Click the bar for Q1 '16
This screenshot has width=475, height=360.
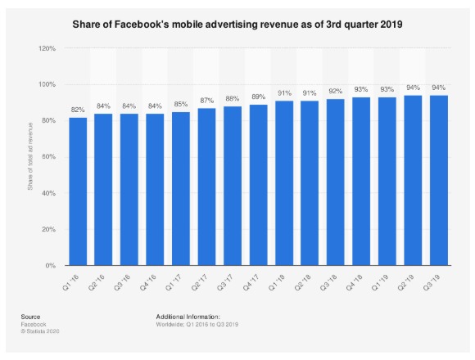78,191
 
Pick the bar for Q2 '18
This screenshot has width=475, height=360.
310,183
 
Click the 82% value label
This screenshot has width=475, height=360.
78,110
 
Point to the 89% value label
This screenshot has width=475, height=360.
258,97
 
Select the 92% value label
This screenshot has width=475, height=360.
335,92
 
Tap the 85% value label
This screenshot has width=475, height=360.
181,105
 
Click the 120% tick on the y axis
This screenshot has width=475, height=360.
46,48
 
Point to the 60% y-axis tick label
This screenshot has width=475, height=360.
47,157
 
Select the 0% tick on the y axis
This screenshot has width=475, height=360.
50,266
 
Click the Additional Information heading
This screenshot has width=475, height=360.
188,316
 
